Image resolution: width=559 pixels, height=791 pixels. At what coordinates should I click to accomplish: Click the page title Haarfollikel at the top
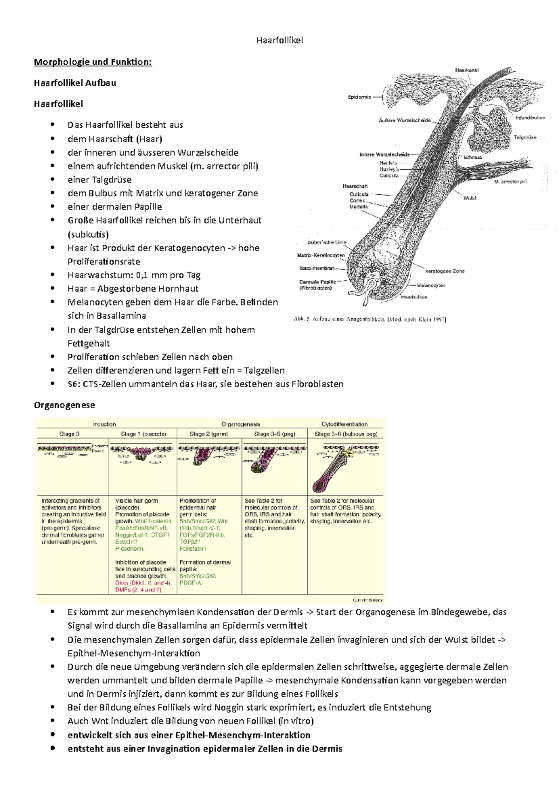tap(279, 41)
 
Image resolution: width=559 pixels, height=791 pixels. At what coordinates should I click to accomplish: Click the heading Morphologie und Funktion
tap(93, 62)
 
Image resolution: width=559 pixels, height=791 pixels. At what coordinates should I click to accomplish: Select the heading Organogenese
tap(64, 405)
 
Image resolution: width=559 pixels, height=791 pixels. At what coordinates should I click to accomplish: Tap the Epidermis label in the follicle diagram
tap(360, 97)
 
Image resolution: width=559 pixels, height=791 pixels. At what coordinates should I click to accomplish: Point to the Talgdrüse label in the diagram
tap(525, 137)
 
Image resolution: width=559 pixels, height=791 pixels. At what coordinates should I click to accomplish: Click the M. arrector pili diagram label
tap(511, 182)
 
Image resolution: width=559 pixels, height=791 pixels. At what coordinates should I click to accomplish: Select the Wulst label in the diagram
tap(470, 198)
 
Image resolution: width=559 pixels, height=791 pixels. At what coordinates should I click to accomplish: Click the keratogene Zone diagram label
tap(444, 271)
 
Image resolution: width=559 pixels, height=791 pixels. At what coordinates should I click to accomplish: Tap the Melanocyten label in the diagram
tap(431, 285)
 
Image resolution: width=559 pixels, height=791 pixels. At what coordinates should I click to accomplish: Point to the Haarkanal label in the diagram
tap(467, 70)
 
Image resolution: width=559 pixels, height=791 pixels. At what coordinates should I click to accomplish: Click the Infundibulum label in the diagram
tap(530, 118)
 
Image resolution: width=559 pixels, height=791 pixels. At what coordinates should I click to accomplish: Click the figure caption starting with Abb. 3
tap(370, 320)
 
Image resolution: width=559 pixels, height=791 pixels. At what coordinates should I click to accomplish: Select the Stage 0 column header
tap(69, 434)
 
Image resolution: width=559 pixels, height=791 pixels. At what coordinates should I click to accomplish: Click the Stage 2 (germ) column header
tap(209, 434)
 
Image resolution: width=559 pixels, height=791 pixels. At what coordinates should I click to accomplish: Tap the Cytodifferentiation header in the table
tap(344, 424)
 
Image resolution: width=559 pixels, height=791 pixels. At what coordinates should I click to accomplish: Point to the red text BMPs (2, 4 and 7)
tap(138, 590)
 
